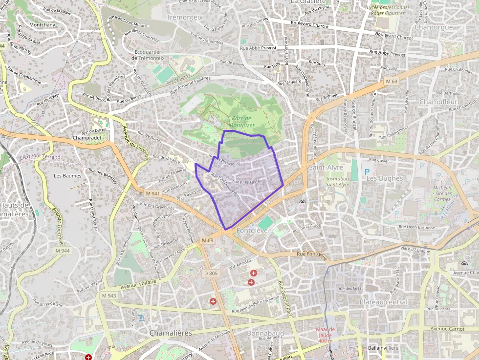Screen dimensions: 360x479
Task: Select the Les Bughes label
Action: (x=384, y=178)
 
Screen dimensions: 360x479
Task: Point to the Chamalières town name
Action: (x=170, y=333)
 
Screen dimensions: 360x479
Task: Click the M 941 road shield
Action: (x=152, y=193)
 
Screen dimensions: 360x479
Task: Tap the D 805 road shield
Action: (x=210, y=273)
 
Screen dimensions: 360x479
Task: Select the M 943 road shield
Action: (x=109, y=296)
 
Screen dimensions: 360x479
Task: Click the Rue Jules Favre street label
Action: (x=245, y=182)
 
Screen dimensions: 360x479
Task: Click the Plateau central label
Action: (x=383, y=302)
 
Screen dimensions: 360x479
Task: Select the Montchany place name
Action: (x=43, y=24)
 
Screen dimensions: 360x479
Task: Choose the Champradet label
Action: (x=87, y=138)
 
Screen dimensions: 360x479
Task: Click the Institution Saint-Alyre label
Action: (x=337, y=182)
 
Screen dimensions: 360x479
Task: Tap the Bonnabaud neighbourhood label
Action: (x=265, y=333)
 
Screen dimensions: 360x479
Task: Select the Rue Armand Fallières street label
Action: (x=190, y=85)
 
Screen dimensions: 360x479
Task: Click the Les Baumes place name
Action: (x=67, y=175)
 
